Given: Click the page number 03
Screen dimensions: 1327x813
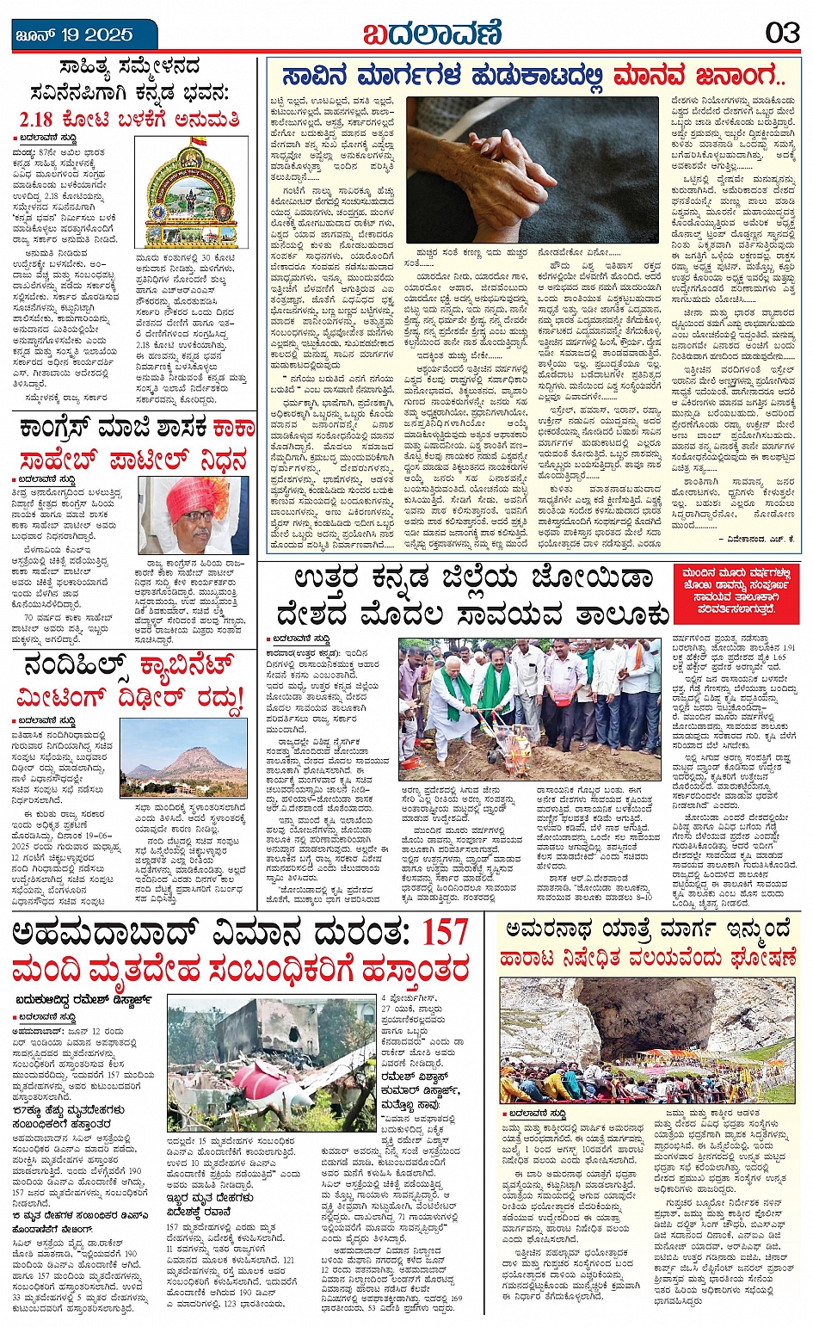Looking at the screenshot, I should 782,33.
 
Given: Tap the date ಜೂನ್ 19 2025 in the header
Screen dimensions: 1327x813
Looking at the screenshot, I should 75,35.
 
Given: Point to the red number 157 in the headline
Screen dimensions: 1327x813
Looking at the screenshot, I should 444,934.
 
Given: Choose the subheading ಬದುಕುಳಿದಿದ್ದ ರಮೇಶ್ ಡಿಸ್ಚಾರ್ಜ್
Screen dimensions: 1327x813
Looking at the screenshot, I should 83,1000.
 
